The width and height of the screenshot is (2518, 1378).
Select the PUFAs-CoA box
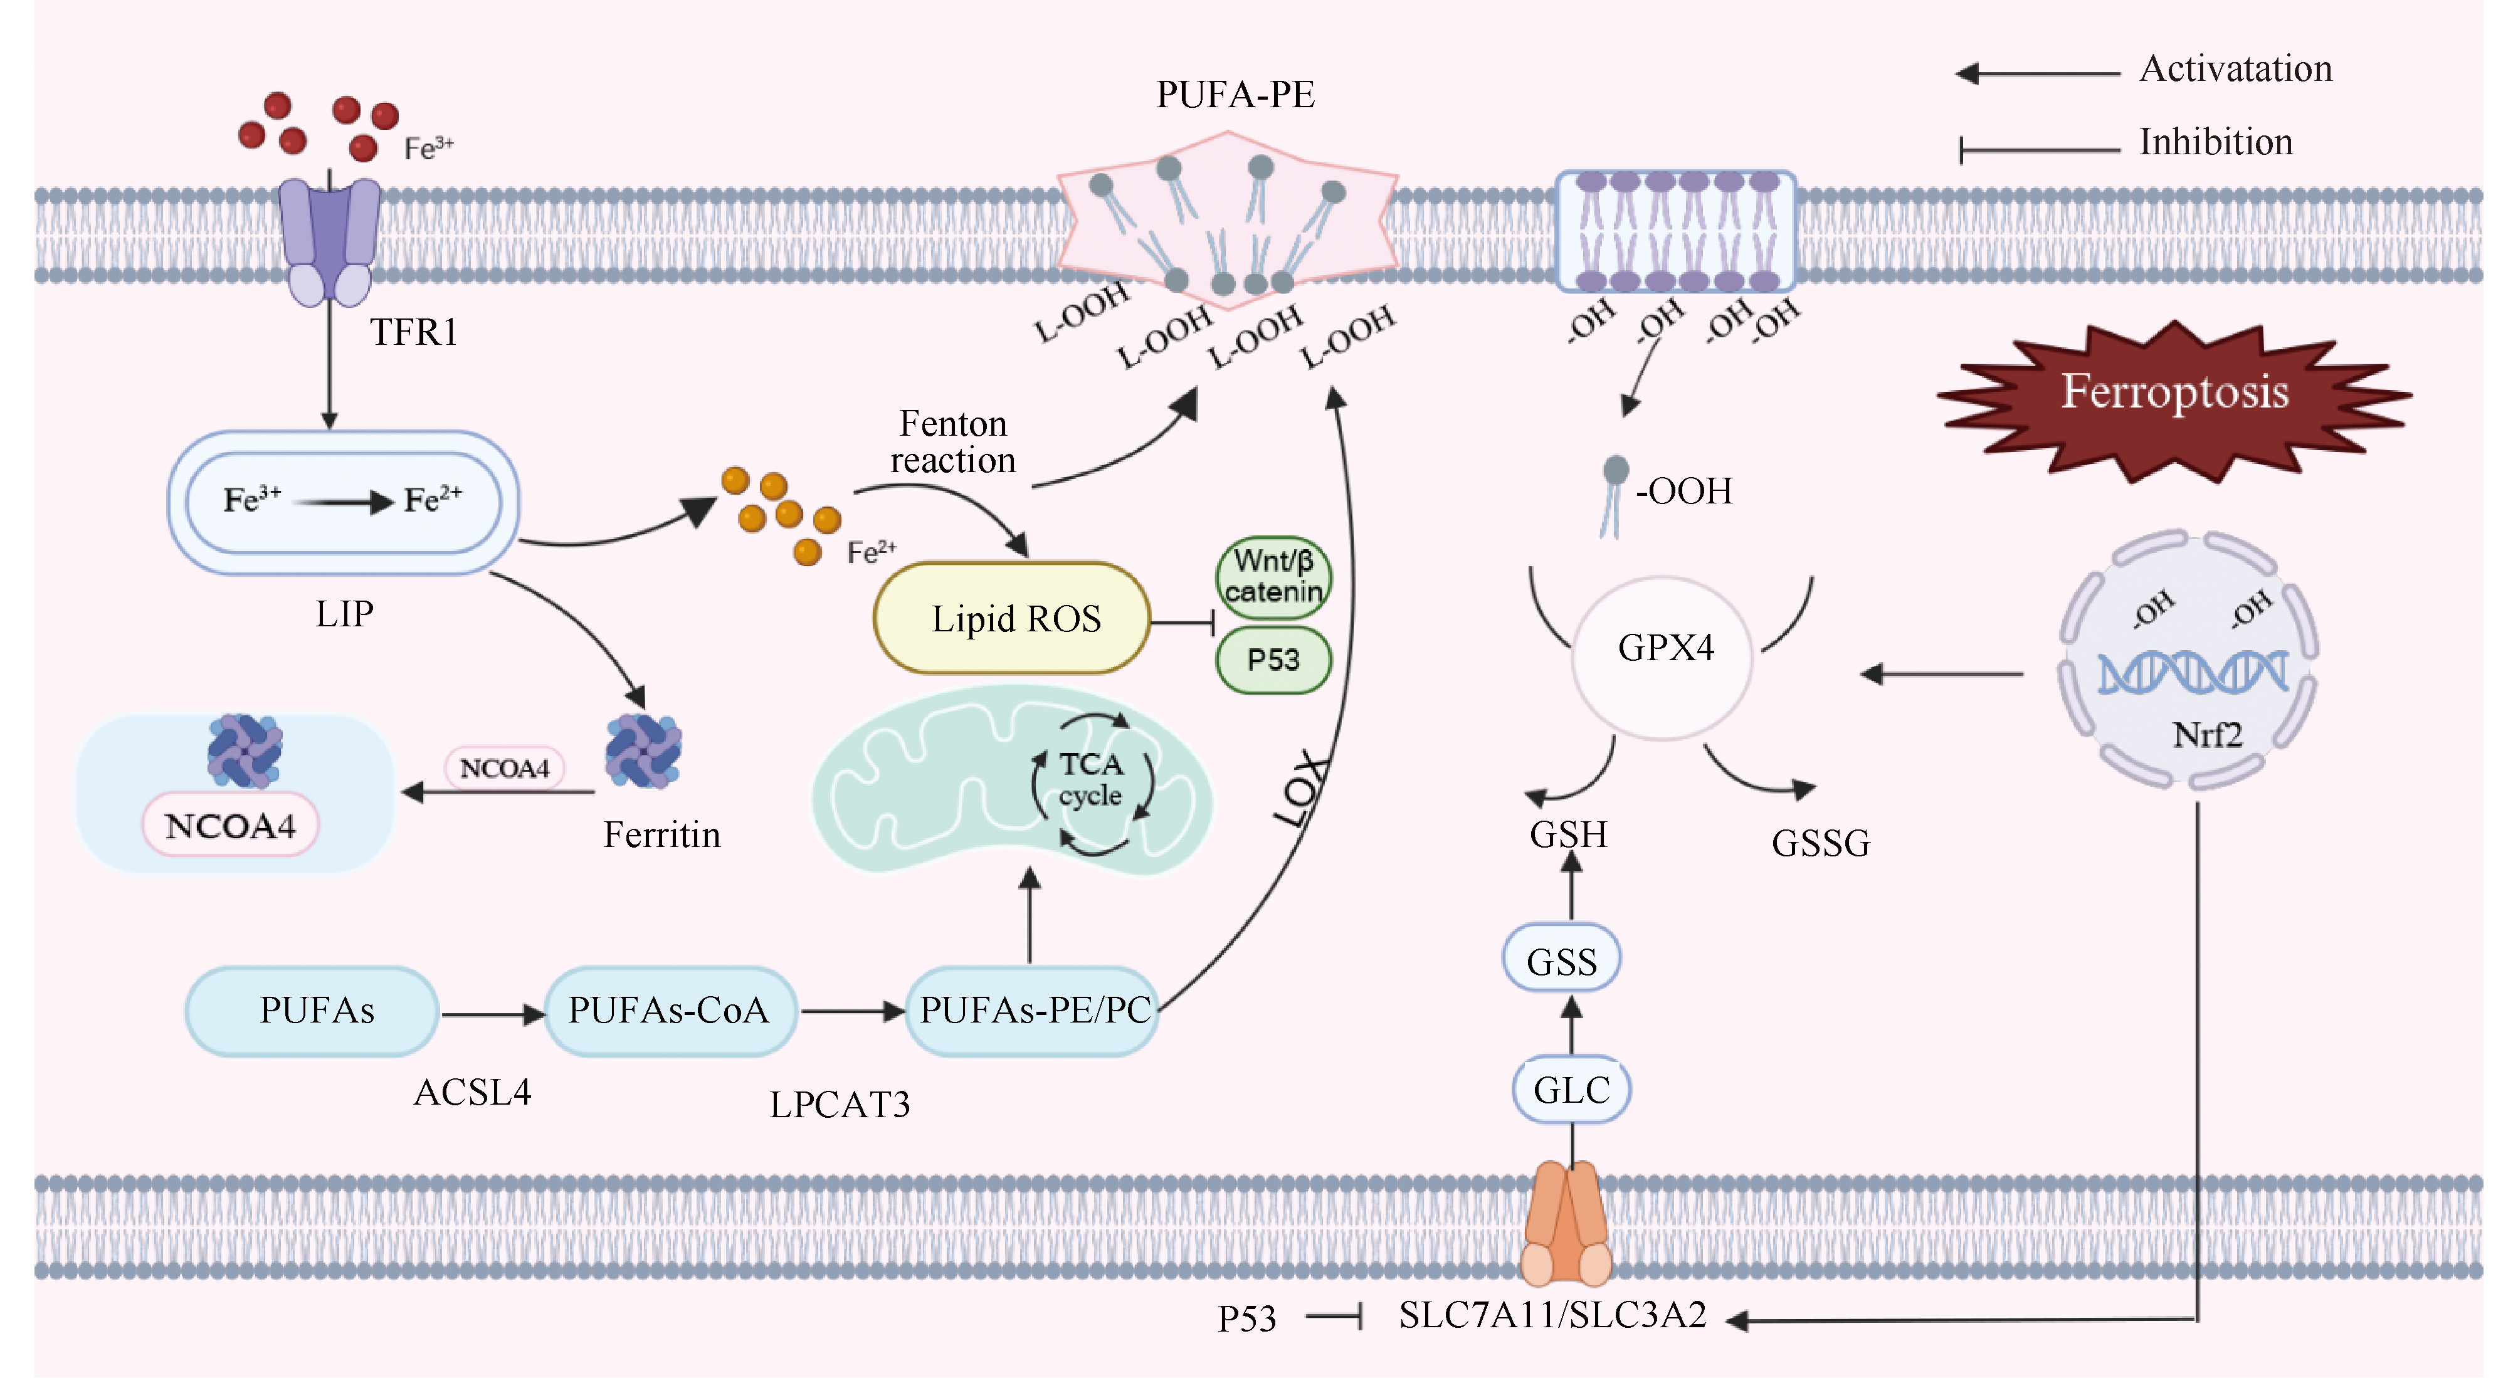(x=670, y=1011)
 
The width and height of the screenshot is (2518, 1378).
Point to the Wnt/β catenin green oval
(x=1273, y=577)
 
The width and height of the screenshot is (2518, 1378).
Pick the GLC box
(x=1571, y=1089)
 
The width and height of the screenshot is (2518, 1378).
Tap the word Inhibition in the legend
(x=2215, y=143)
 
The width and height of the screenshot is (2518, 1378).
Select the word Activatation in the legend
(x=2235, y=70)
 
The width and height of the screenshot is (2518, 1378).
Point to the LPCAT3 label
(x=840, y=1105)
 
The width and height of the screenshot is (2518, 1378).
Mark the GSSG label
(x=1820, y=843)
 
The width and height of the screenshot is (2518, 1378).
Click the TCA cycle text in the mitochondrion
(x=1092, y=779)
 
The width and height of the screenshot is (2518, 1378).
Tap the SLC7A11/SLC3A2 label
(x=1552, y=1315)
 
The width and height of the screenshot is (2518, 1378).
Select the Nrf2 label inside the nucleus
(x=2206, y=735)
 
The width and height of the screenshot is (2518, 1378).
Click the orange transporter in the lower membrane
(x=1566, y=1224)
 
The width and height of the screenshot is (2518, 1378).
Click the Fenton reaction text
(x=953, y=442)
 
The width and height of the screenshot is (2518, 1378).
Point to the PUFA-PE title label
(x=1236, y=95)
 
